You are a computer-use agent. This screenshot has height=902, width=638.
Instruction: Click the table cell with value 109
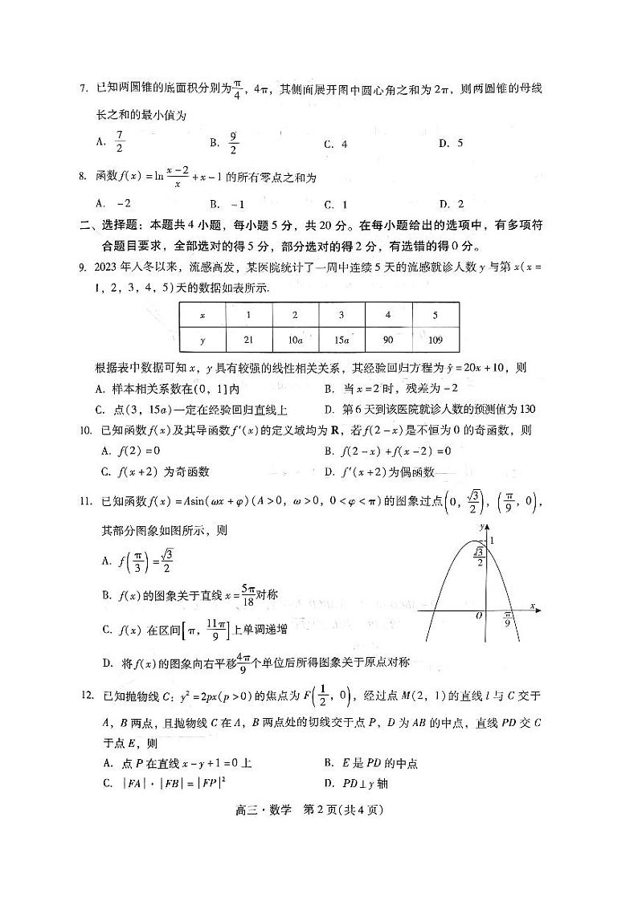point(436,340)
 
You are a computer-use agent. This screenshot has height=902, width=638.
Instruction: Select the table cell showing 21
point(249,340)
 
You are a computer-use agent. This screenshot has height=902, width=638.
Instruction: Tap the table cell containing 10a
point(295,340)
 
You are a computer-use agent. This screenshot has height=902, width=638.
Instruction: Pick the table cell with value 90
point(389,340)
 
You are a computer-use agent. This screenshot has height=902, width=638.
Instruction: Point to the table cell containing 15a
point(341,340)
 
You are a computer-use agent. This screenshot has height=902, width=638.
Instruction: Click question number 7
point(83,88)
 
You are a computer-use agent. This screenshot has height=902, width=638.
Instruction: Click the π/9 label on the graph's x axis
point(507,619)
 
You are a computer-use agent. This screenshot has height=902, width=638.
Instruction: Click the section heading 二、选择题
point(113,226)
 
